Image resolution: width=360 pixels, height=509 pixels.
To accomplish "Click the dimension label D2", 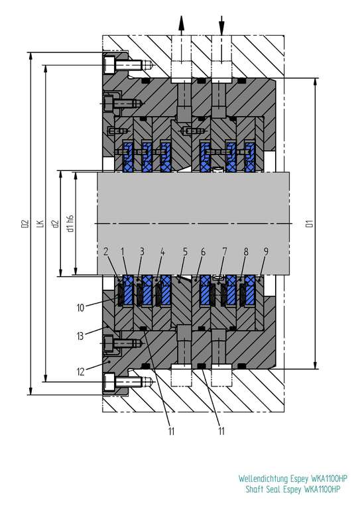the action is (25, 223).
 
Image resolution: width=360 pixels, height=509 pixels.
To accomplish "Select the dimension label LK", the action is (40, 223).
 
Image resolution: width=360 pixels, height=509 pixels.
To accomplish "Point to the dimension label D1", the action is (310, 223).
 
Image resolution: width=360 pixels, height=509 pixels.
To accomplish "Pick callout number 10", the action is (80, 308).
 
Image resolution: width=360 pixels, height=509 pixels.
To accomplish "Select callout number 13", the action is (80, 335).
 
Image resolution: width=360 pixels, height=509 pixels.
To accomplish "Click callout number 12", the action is (80, 371).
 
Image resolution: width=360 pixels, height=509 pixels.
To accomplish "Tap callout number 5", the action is (185, 252).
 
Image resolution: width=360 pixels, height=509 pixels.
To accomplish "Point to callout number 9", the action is (266, 252).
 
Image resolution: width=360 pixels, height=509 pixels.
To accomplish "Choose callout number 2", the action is (106, 252).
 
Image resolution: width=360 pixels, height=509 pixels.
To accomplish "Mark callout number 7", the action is (225, 252).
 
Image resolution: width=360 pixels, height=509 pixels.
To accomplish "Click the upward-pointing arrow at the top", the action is (181, 25).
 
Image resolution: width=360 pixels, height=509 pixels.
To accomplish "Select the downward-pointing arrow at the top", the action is (221, 25).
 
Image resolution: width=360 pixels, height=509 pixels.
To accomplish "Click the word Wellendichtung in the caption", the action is (263, 479).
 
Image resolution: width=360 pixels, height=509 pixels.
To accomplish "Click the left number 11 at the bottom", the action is (172, 431).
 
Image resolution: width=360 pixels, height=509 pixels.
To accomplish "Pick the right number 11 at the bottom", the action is (221, 431).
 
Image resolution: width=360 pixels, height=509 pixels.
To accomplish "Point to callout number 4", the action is (162, 252).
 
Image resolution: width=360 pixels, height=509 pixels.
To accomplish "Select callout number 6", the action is (204, 252).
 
